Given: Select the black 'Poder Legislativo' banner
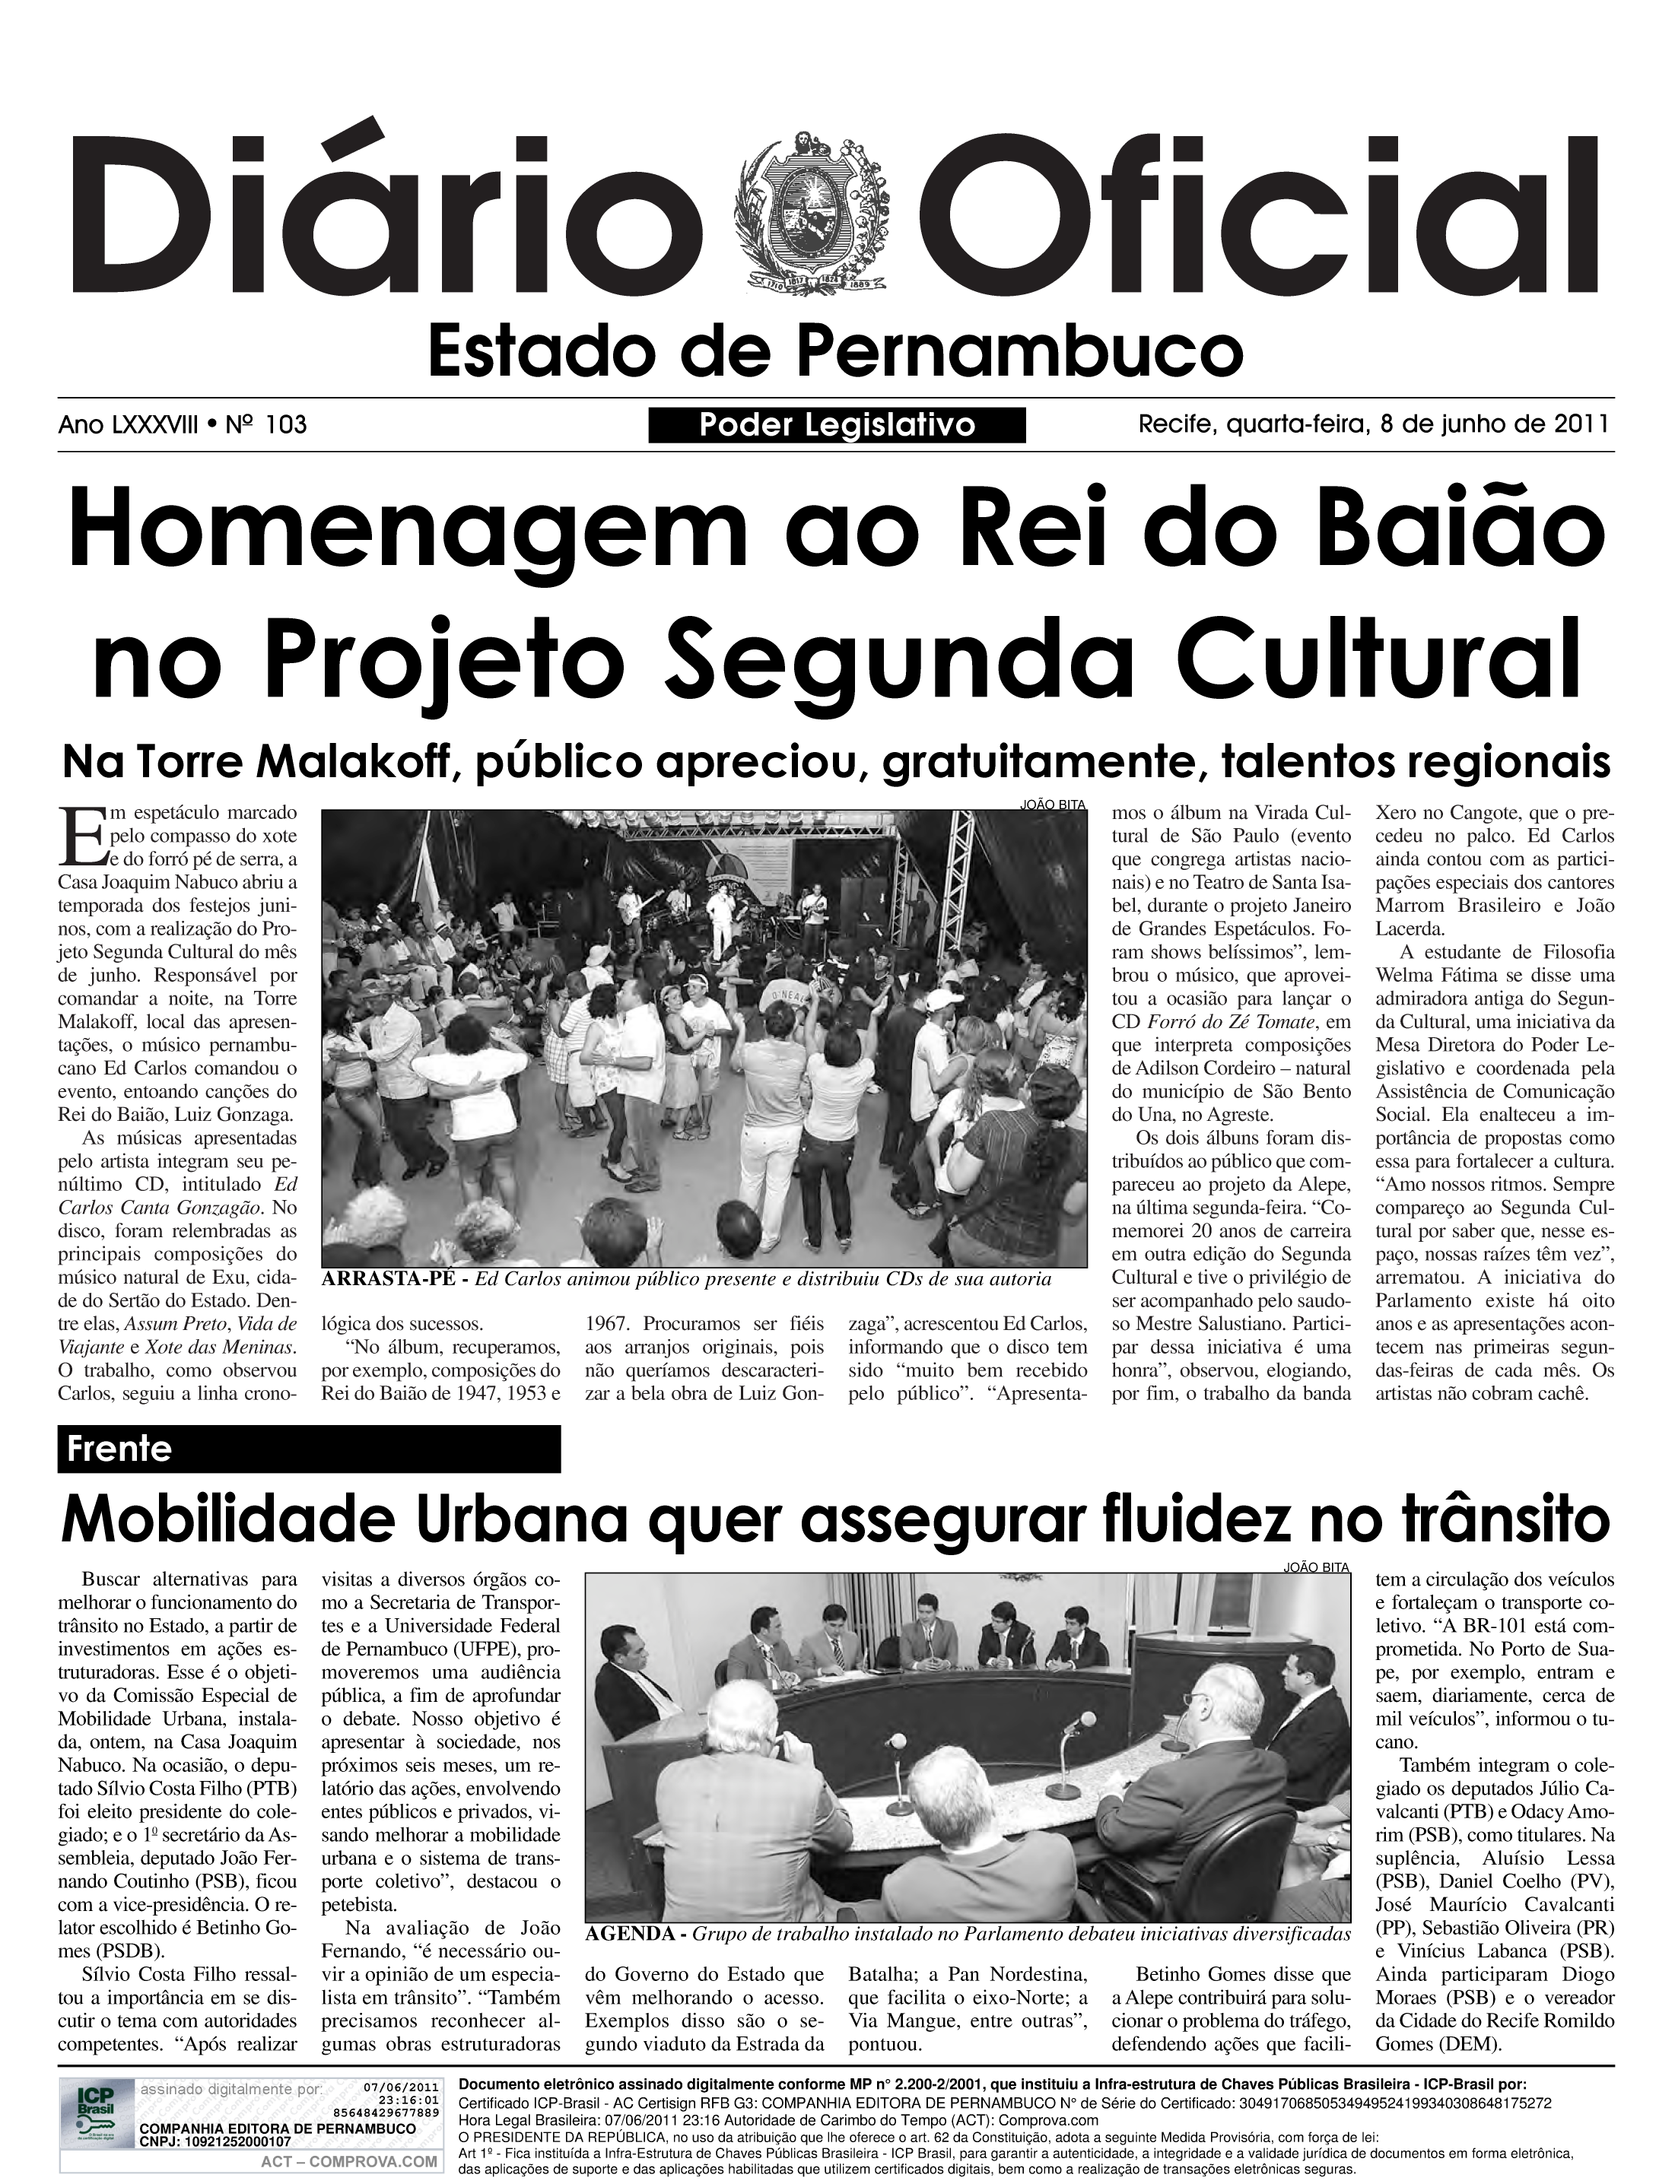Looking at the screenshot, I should point(837,426).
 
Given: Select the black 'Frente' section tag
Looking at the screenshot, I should point(309,1449).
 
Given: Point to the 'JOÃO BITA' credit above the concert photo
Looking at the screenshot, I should point(1053,804).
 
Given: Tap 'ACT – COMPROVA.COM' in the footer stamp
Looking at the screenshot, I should point(349,2154).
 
